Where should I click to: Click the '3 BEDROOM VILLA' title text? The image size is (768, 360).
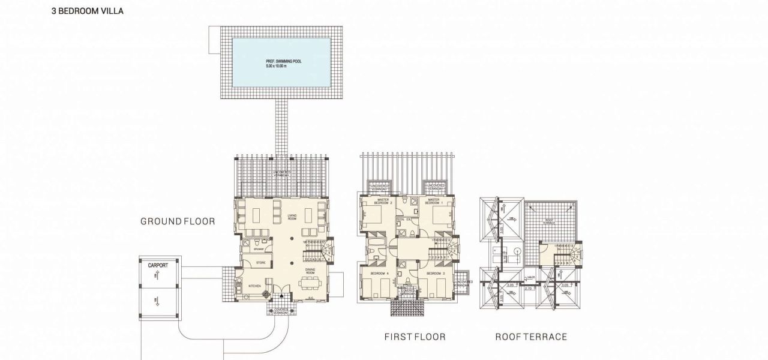pos(87,10)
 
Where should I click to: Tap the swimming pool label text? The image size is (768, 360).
pos(281,63)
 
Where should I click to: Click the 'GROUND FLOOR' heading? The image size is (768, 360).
pos(178,221)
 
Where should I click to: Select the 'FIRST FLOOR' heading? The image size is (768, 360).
pos(415,337)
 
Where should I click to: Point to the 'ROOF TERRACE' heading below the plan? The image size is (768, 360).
pos(530,337)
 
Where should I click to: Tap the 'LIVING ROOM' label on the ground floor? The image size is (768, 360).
pos(292,217)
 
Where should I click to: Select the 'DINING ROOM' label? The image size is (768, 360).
pos(310,271)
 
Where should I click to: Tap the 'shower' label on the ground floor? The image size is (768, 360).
pos(259,247)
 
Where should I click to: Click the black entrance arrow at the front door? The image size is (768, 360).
pos(281,296)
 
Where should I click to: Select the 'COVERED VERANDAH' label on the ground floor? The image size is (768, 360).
pos(281,310)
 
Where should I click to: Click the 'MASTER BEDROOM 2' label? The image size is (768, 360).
pos(383,202)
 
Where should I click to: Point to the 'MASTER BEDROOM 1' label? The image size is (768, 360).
pos(434,202)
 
